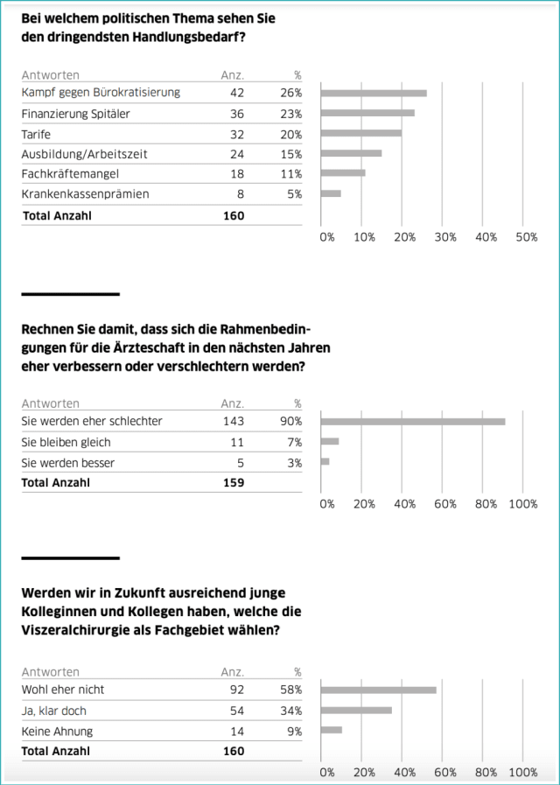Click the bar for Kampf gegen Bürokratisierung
tap(374, 93)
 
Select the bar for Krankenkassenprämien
tap(331, 193)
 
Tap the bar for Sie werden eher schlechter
tap(413, 421)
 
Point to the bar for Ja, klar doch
tap(356, 710)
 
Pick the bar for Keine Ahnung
tap(332, 730)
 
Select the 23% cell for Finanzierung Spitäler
tap(292, 113)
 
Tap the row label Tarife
tap(35, 134)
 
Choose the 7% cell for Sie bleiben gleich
tap(295, 442)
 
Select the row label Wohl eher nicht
tap(62, 690)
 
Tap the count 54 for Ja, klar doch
tap(235, 710)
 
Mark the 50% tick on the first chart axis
tap(527, 237)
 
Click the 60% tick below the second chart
tap(444, 504)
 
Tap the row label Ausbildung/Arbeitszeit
tap(84, 153)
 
